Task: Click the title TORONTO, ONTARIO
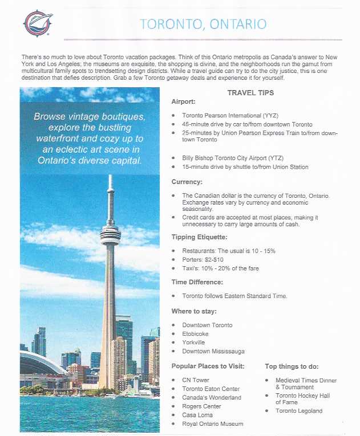point(203,25)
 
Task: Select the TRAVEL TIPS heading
point(250,93)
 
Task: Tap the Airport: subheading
point(184,101)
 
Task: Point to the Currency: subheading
point(187,182)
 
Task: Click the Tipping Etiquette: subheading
point(199,237)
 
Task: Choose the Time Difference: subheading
point(197,282)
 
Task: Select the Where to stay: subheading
point(194,311)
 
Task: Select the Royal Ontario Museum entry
point(212,424)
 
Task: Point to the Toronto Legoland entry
point(298,411)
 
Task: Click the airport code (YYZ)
point(268,115)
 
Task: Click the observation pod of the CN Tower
point(110,234)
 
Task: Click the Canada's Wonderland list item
point(211,398)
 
